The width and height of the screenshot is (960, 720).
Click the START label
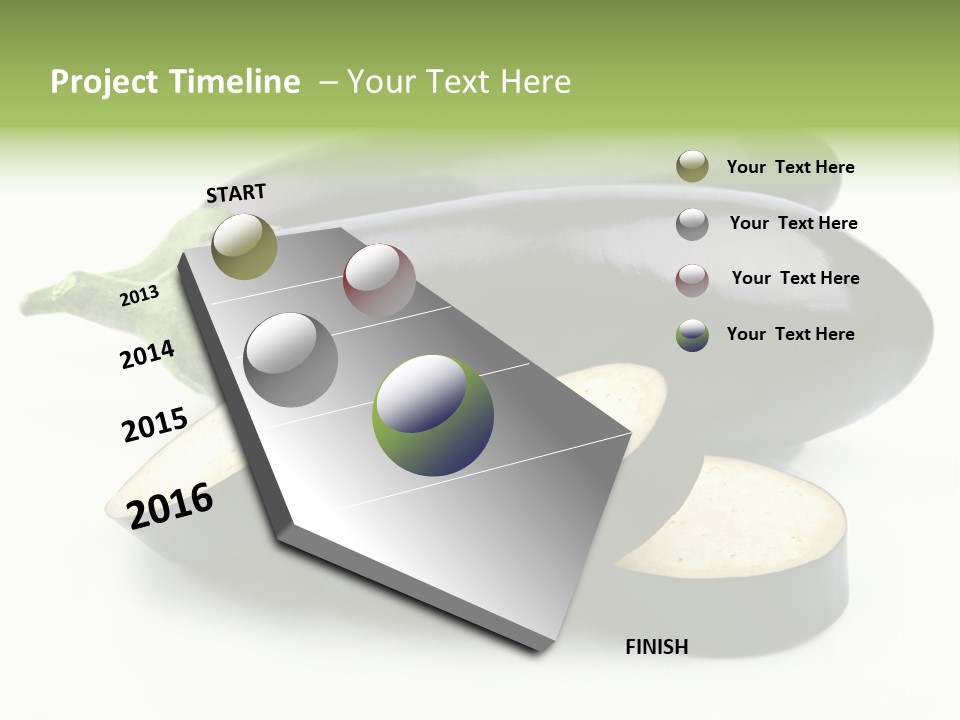pyautogui.click(x=236, y=193)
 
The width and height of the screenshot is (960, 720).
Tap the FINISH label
pyautogui.click(x=656, y=647)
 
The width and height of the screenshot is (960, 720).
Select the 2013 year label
pyautogui.click(x=139, y=296)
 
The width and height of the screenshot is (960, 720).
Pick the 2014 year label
pyautogui.click(x=147, y=354)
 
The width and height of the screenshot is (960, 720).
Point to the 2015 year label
pyautogui.click(x=154, y=425)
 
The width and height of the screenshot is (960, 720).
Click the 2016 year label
pyautogui.click(x=170, y=506)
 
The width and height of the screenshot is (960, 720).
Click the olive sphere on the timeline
pyautogui.click(x=244, y=246)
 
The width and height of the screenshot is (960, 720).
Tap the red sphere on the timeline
pyautogui.click(x=379, y=279)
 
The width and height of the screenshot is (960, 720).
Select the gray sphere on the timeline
pyautogui.click(x=291, y=359)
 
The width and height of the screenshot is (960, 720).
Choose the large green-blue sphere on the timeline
pyautogui.click(x=433, y=415)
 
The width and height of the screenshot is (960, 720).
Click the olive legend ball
pyautogui.click(x=692, y=167)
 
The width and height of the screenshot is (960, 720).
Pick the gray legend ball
pyautogui.click(x=692, y=224)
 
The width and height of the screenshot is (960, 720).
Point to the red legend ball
pyautogui.click(x=692, y=280)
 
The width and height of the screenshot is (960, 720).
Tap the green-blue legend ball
pyautogui.click(x=692, y=335)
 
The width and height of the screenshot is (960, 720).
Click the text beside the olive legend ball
pyautogui.click(x=790, y=168)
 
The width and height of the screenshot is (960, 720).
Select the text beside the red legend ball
pyautogui.click(x=795, y=278)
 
